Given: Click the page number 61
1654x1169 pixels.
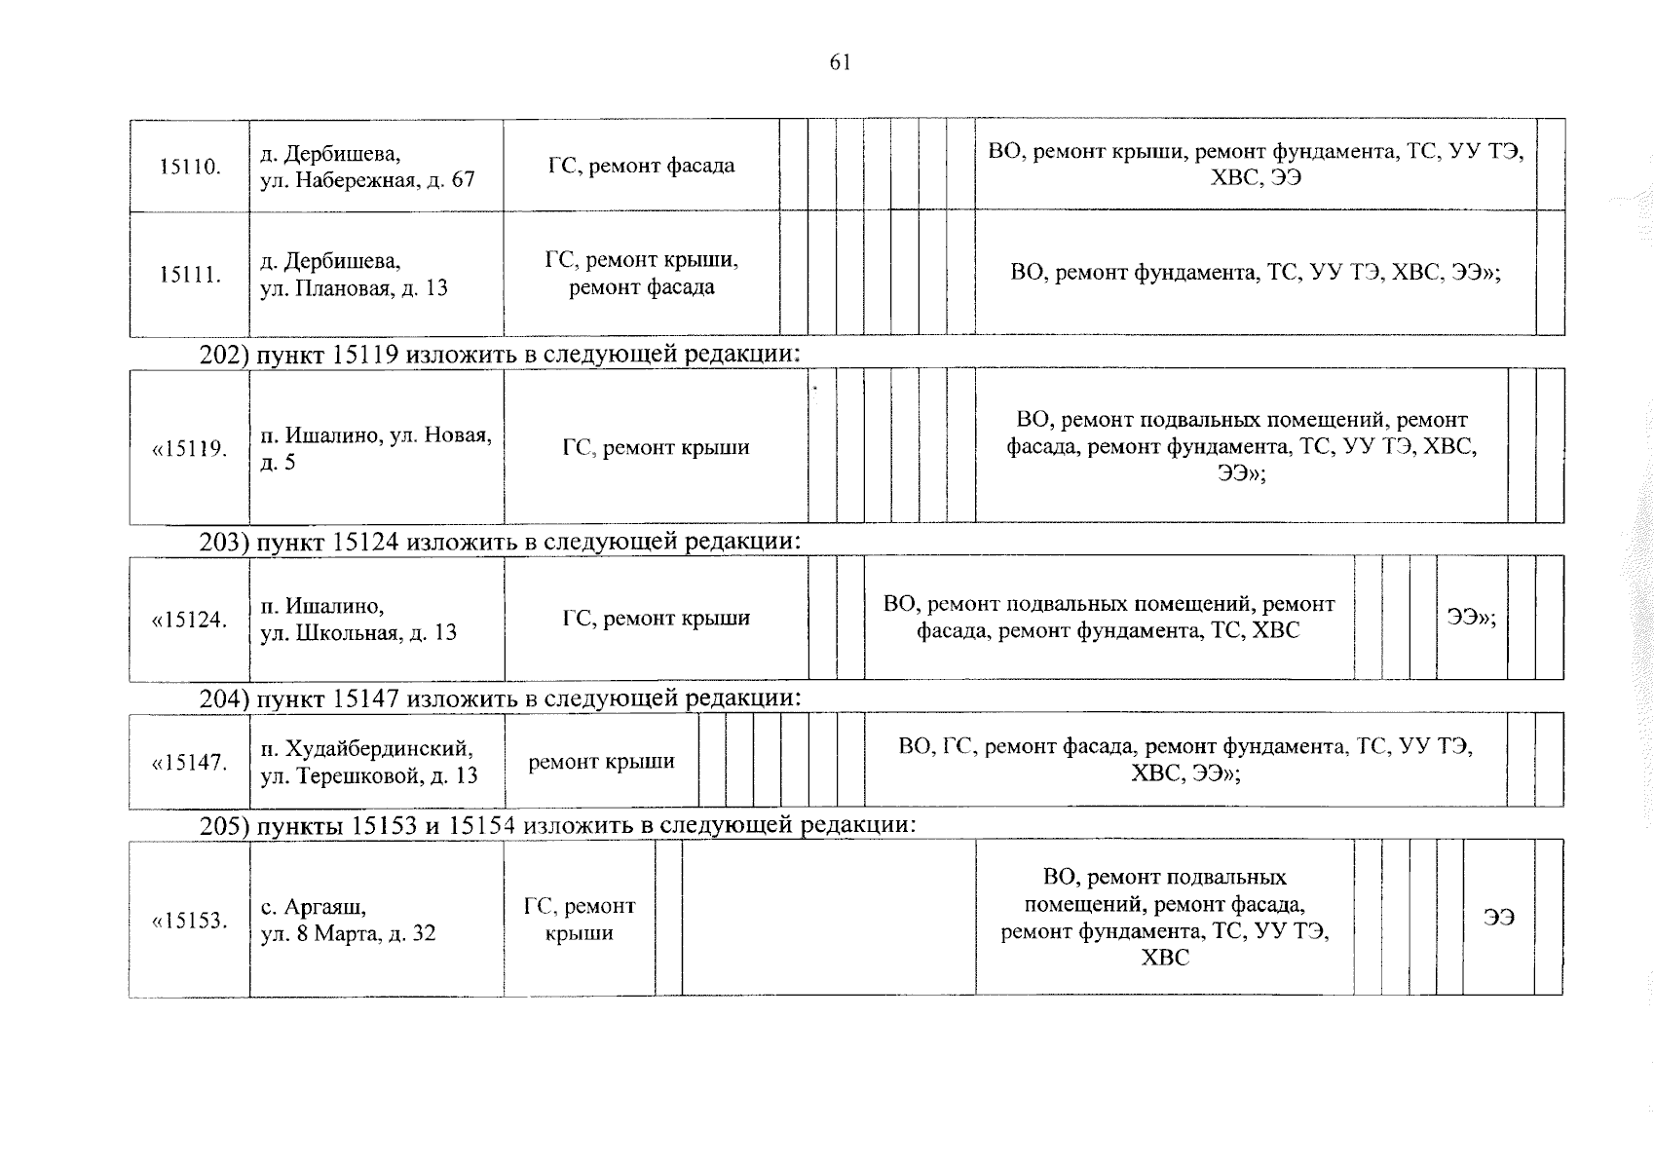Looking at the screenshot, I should [840, 63].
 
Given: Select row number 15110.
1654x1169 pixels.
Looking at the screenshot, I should [190, 167].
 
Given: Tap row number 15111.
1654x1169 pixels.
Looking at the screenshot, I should [190, 275].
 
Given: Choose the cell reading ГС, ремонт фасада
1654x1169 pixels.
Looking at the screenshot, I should [641, 166].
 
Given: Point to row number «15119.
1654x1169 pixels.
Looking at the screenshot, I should [190, 449].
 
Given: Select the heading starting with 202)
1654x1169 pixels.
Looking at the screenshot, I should [500, 354].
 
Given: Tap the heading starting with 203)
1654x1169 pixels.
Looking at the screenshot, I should [500, 541].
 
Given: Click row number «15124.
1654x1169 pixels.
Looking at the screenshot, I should [190, 620].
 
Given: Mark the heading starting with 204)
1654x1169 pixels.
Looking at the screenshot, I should [500, 698].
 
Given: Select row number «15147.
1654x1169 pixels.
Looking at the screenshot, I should [190, 763].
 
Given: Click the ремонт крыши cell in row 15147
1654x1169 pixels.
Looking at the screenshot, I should [601, 762].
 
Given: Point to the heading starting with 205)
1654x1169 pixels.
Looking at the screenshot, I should [557, 826].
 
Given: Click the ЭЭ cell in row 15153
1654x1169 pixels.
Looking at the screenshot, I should [1499, 918].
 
